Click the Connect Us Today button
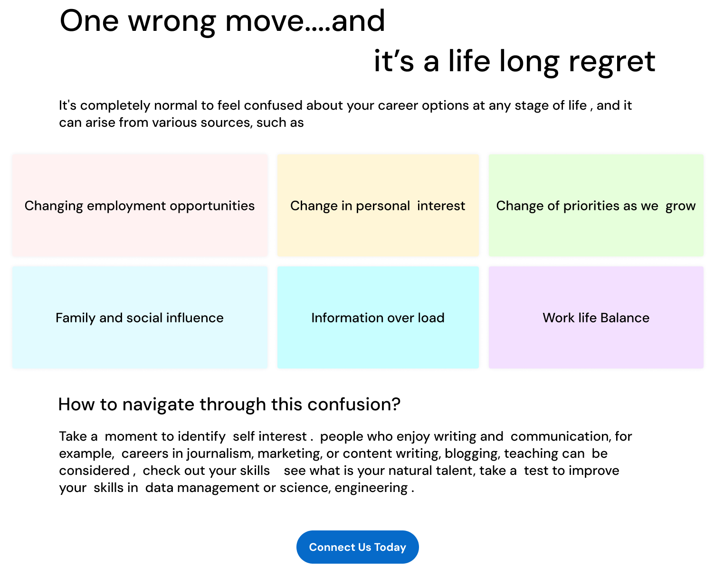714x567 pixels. click(x=357, y=547)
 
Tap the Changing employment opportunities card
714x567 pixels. click(x=140, y=205)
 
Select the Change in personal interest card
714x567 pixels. click(x=378, y=205)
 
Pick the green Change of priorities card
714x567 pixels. click(x=596, y=205)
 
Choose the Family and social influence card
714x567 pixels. click(x=140, y=317)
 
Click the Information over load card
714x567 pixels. click(x=378, y=317)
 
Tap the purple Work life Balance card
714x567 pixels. click(x=596, y=317)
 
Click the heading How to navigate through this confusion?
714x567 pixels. click(x=229, y=405)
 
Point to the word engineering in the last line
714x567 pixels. click(x=371, y=488)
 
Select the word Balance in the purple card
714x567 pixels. click(x=624, y=318)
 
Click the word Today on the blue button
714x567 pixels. click(x=390, y=547)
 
